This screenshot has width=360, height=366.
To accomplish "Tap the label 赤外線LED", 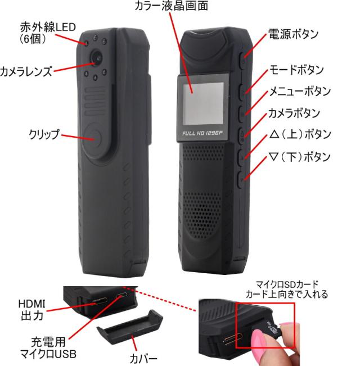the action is coord(48,28).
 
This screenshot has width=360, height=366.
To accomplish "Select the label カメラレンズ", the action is coord(26,71).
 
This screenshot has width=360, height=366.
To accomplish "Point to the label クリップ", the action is coord(44,134).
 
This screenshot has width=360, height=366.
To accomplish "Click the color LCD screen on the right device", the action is coord(203,103).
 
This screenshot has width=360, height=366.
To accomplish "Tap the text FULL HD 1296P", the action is coord(202,133).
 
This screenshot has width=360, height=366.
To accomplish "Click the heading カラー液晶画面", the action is coord(171,6).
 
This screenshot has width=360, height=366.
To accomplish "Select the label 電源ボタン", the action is coord(294,34).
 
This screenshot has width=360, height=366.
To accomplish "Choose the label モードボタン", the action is coord(296,70).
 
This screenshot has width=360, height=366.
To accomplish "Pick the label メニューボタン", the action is coord(300,91).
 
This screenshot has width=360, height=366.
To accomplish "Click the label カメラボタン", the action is coord(294,113).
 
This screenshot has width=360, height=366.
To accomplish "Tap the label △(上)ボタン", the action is coord(300,134).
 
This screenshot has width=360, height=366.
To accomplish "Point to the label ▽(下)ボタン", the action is coord(300,157).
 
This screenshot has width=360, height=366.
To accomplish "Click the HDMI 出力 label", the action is coord(32,310).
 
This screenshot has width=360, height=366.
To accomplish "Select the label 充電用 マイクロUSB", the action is coord(48,348).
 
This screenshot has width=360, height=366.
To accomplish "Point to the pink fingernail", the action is coord(258,338).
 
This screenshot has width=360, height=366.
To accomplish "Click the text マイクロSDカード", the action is coord(287,284).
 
